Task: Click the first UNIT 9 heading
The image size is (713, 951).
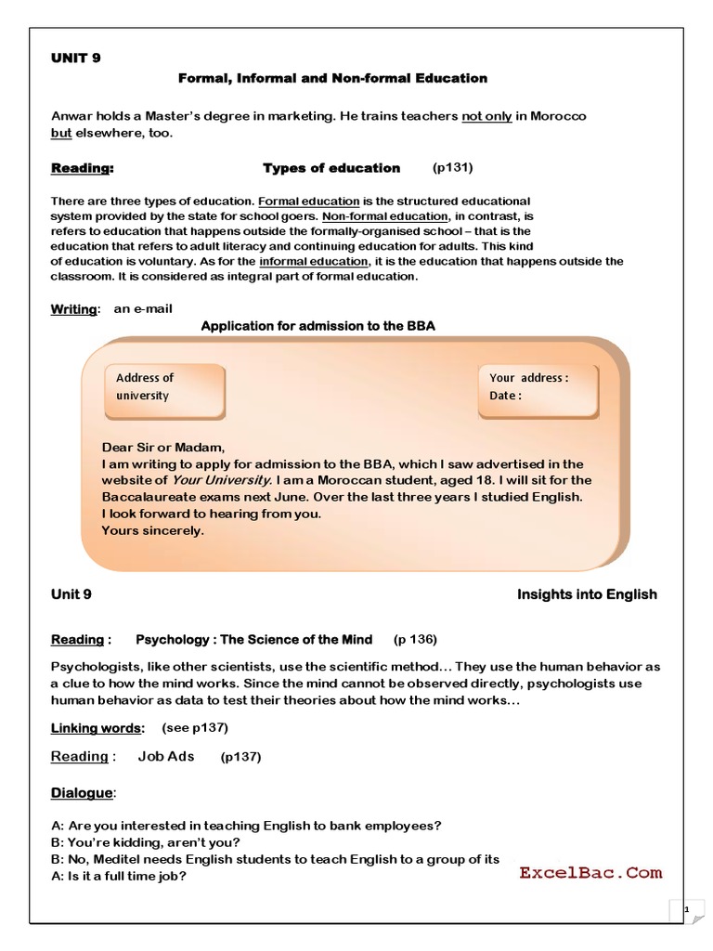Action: pyautogui.click(x=76, y=58)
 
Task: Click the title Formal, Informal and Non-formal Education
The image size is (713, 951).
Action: pyautogui.click(x=332, y=78)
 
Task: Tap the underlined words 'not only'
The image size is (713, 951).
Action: pyautogui.click(x=486, y=116)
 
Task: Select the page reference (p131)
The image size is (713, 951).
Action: pyautogui.click(x=454, y=168)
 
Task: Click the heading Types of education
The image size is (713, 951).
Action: pyautogui.click(x=331, y=168)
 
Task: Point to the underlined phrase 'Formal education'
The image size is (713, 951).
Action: pyautogui.click(x=309, y=201)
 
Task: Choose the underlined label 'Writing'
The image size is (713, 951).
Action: pyautogui.click(x=73, y=309)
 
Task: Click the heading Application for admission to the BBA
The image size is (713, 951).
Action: pyautogui.click(x=318, y=326)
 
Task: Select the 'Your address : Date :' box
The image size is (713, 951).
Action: pyautogui.click(x=538, y=387)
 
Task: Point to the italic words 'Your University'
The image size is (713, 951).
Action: pyautogui.click(x=222, y=480)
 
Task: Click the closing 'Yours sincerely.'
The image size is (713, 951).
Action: pyautogui.click(x=152, y=530)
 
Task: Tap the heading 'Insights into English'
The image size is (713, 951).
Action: pyautogui.click(x=587, y=594)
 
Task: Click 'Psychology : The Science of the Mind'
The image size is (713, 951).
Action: pyautogui.click(x=254, y=640)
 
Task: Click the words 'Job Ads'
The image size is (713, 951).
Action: pyautogui.click(x=166, y=756)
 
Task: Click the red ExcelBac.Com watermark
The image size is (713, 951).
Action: pyautogui.click(x=590, y=872)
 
